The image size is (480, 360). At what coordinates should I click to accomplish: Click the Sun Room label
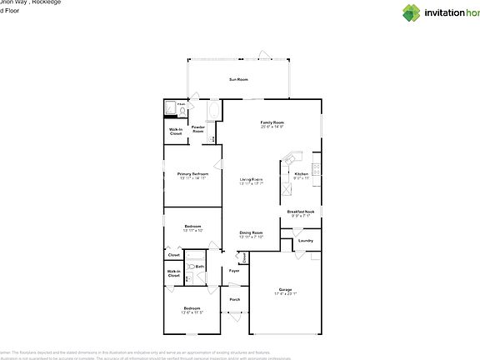[x=239, y=79]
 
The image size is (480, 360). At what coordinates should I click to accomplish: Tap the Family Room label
[x=272, y=123]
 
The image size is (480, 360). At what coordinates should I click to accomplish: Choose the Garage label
[x=286, y=290]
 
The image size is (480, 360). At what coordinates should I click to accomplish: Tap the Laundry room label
[x=305, y=241]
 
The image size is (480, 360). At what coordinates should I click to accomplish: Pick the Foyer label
[x=234, y=270]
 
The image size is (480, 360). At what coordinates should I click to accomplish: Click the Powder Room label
[x=198, y=129]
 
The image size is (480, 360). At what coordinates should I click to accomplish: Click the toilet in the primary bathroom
[x=182, y=109]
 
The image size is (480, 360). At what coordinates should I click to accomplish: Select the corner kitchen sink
[x=292, y=158]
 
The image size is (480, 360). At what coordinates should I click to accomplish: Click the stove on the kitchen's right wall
[x=317, y=167]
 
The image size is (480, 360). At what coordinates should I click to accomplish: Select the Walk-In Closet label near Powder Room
[x=176, y=132]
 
